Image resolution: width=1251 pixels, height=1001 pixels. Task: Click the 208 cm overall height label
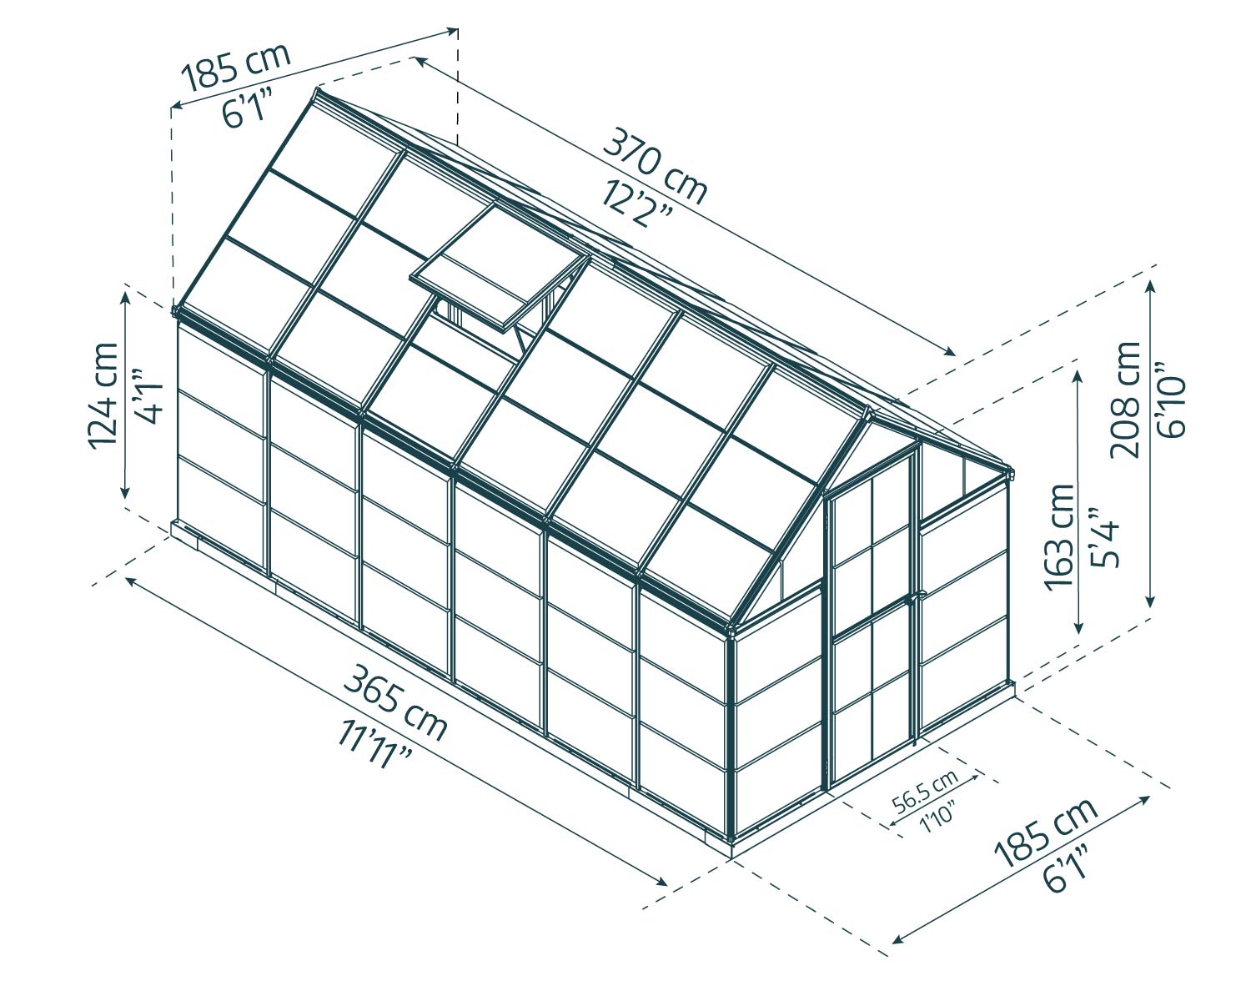tap(1127, 399)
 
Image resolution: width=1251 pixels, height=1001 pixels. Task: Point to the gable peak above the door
tap(869, 410)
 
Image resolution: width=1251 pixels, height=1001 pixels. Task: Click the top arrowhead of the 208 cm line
tap(1152, 282)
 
